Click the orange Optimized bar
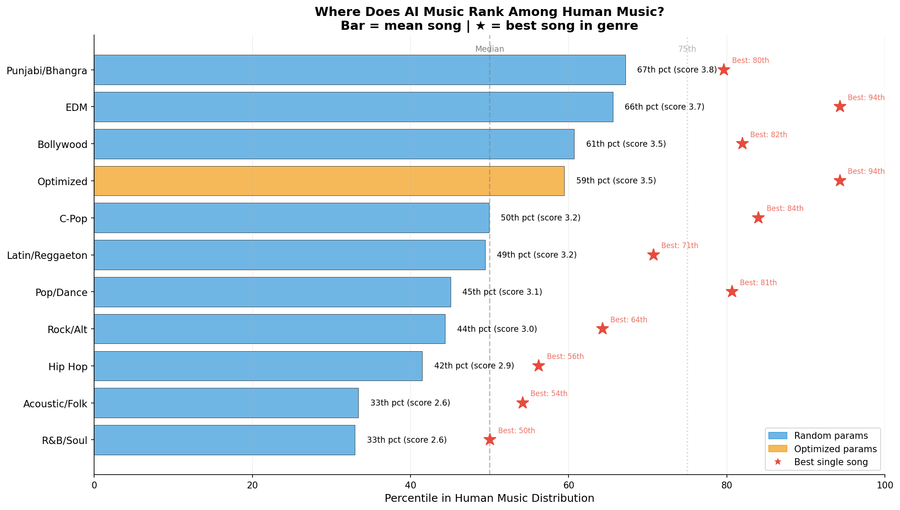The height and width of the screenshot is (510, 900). (x=329, y=181)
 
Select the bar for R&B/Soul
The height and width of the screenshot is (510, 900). (x=224, y=440)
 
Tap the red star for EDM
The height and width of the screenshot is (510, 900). (x=840, y=107)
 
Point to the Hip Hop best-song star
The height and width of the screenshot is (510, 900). (x=538, y=366)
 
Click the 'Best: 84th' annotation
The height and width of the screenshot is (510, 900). (x=785, y=209)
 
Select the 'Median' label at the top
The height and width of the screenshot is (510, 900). (x=489, y=49)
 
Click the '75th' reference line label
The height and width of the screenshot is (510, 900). (x=687, y=49)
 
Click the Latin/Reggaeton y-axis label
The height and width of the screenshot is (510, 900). (x=47, y=255)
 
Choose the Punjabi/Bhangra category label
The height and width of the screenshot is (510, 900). (x=47, y=70)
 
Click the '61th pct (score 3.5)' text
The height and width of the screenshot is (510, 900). (x=626, y=144)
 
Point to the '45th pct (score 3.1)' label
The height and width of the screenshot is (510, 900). (x=502, y=292)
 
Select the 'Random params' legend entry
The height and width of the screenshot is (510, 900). (x=831, y=436)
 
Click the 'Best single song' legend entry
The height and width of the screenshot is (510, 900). (x=831, y=462)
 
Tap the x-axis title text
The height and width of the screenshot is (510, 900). (x=489, y=499)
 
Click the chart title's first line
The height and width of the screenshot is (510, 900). (x=489, y=12)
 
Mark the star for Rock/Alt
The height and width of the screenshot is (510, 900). (x=603, y=329)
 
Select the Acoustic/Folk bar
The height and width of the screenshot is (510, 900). (x=226, y=403)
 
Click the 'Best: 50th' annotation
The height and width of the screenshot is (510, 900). (x=516, y=431)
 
